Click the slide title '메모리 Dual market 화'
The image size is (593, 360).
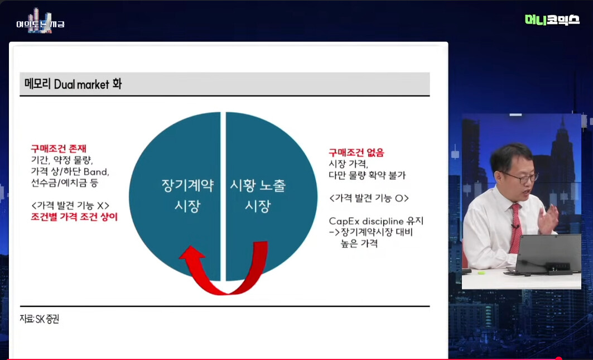pos(73,84)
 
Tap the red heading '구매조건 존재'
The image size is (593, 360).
pos(59,148)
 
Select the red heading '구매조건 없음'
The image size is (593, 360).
pos(356,152)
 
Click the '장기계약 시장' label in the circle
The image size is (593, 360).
pos(187,195)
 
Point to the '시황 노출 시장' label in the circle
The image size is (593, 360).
pos(258,195)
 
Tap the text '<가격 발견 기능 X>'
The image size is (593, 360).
pos(70,205)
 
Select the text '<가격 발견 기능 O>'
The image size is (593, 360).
pos(369,198)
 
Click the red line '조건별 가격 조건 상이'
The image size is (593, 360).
pos(74,217)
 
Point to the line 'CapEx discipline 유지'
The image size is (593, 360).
pos(376,220)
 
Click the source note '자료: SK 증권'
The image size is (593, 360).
pos(40,319)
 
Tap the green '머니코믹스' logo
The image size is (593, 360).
pos(552,20)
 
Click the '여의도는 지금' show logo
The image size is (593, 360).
pos(40,22)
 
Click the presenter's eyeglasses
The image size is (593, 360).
pos(522,177)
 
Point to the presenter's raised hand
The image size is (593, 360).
pos(548,219)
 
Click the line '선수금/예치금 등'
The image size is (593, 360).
pos(64,183)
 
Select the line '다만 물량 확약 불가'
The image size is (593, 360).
pos(367,175)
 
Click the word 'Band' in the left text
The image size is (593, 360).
pos(96,171)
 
